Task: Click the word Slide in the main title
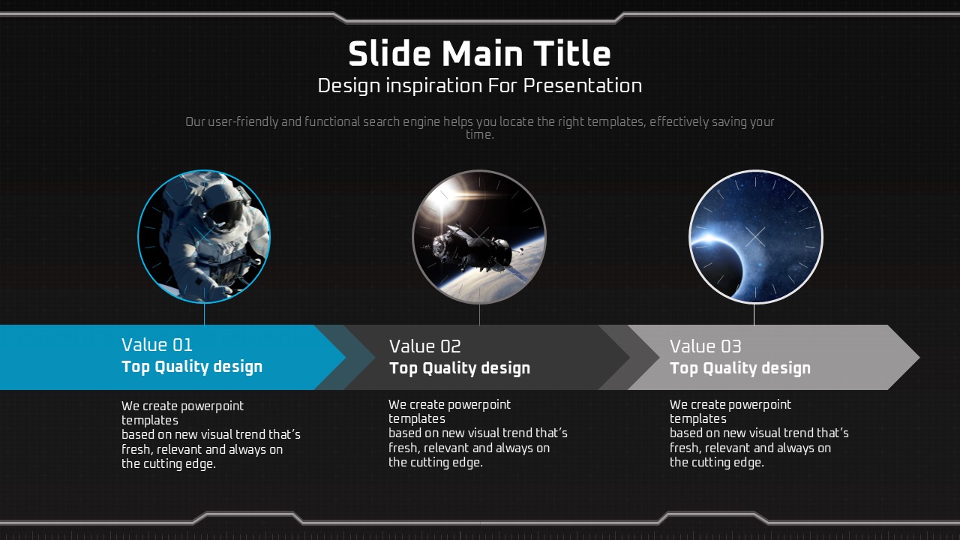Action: pyautogui.click(x=389, y=53)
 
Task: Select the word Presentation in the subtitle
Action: pyautogui.click(x=583, y=86)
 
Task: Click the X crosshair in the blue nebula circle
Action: pyautogui.click(x=755, y=237)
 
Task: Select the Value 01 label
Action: pyautogui.click(x=157, y=345)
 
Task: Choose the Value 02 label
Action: pyautogui.click(x=424, y=346)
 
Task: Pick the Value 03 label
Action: pyautogui.click(x=706, y=346)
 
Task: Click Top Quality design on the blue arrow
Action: pyautogui.click(x=192, y=367)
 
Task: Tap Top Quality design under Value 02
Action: pyautogui.click(x=460, y=368)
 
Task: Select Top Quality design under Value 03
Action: pyautogui.click(x=740, y=368)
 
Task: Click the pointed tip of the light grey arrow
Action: pyautogui.click(x=919, y=358)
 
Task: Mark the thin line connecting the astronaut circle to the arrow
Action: pyautogui.click(x=205, y=313)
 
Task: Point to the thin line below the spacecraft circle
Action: pyautogui.click(x=479, y=314)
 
